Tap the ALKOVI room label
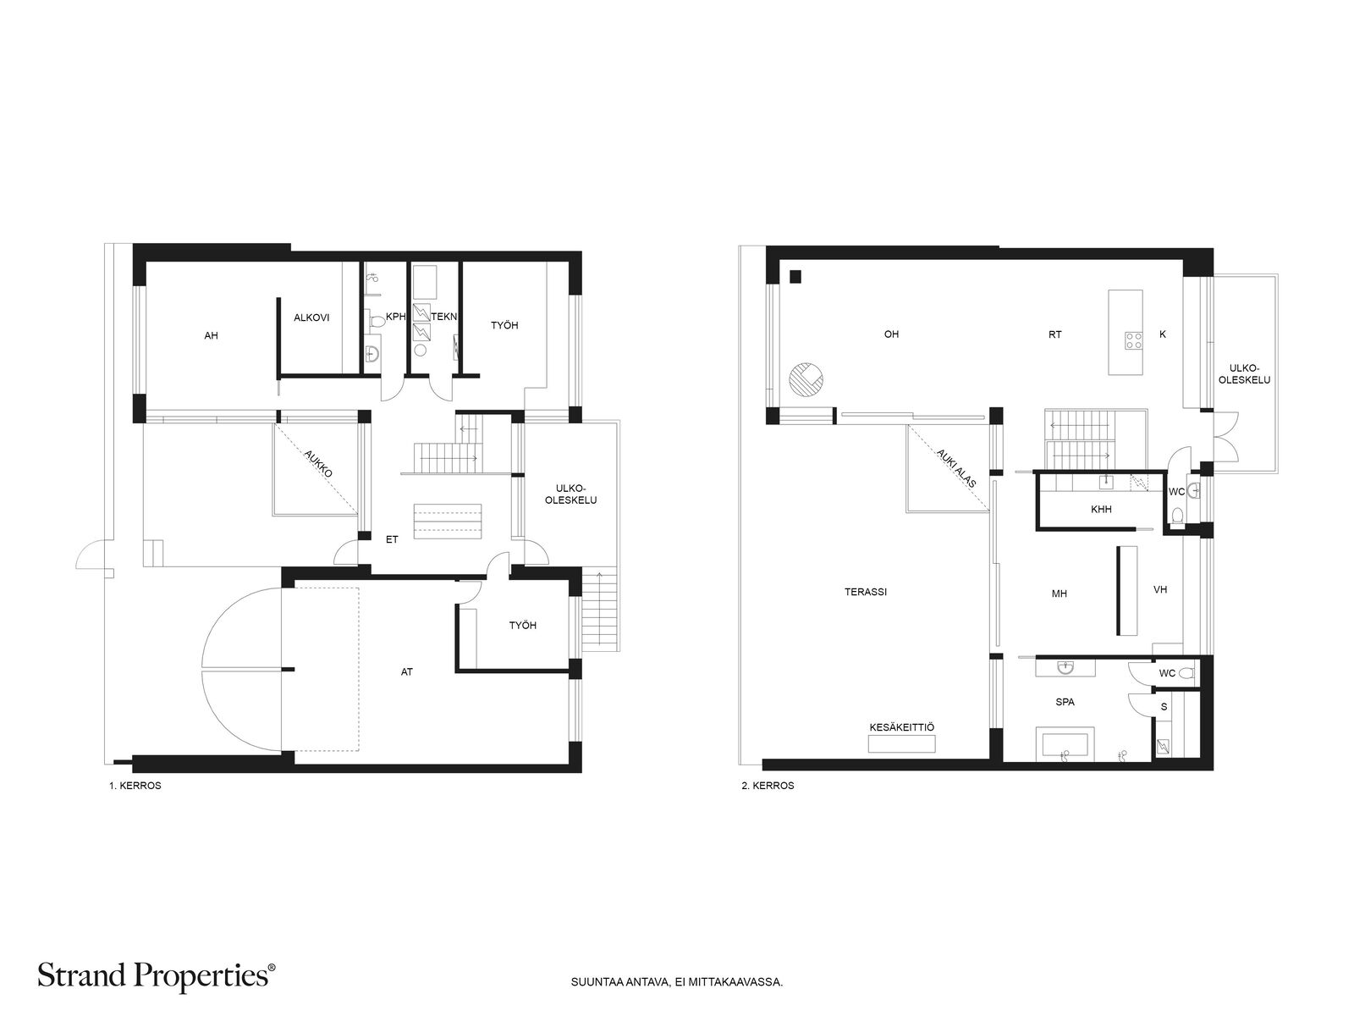coord(311,317)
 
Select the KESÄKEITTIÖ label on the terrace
coord(901,727)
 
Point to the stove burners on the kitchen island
coord(1133,340)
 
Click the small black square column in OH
coord(795,277)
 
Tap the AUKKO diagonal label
coord(318,463)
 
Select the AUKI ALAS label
coord(956,468)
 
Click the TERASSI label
coord(866,592)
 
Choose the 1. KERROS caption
coord(135,786)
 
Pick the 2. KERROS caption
coord(768,786)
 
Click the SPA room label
coord(1065,702)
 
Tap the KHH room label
coord(1101,510)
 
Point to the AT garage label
coord(406,671)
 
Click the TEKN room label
coord(443,317)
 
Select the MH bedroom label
coord(1060,594)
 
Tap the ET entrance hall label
coord(392,540)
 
